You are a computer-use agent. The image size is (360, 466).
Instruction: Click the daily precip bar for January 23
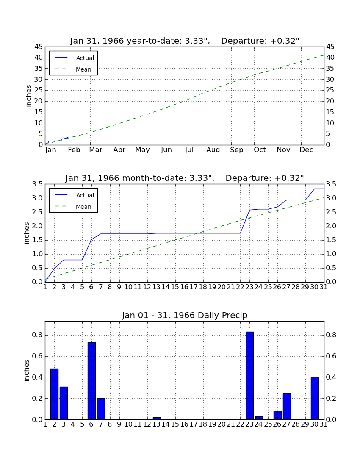(250, 375)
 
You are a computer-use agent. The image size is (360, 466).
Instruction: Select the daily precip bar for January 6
(91, 381)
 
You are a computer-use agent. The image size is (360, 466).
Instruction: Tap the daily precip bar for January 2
(54, 394)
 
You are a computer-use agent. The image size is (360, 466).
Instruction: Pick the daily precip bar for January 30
(315, 398)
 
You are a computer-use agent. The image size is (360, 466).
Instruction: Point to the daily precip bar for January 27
(287, 406)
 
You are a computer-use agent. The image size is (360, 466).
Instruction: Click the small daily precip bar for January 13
(157, 419)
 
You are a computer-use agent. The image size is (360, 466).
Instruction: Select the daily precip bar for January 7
(101, 409)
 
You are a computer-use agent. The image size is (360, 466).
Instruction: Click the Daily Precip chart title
(185, 315)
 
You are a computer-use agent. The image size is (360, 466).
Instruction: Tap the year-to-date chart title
(185, 41)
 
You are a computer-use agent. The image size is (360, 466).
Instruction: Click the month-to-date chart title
(185, 178)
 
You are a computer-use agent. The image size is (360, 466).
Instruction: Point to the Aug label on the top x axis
(213, 150)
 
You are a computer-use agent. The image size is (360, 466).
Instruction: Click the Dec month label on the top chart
(306, 150)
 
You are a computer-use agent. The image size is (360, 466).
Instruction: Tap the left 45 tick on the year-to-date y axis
(39, 47)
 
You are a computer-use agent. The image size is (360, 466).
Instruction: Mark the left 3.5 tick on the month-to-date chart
(37, 184)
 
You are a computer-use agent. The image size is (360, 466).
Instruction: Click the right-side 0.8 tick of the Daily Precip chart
(332, 335)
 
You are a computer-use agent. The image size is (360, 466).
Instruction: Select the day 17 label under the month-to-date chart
(194, 287)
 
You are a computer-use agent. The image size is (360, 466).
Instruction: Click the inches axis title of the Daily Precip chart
(27, 370)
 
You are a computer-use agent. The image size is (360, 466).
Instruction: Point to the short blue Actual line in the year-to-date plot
(57, 141)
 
